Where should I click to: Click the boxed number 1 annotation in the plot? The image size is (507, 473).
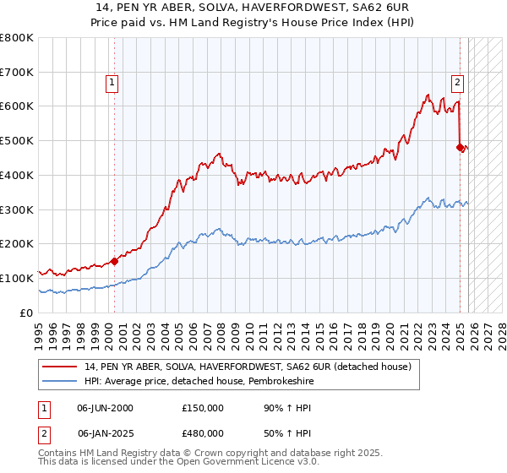(113, 82)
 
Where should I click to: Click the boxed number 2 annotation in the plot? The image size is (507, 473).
(457, 82)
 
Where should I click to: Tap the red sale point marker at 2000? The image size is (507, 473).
(114, 261)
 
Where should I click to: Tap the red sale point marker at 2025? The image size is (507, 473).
(461, 147)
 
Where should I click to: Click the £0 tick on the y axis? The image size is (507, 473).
(27, 313)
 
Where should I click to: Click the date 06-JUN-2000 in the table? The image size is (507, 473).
(105, 408)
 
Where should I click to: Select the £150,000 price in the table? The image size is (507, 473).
(203, 408)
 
